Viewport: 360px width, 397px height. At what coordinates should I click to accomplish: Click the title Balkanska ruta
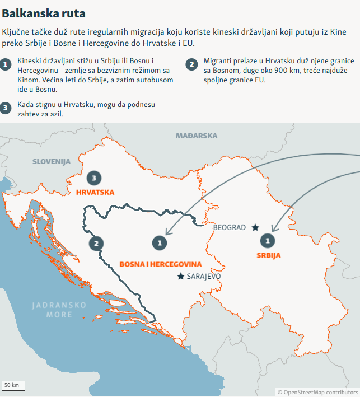tap(44, 12)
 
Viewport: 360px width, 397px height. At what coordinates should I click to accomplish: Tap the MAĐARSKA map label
tap(196, 136)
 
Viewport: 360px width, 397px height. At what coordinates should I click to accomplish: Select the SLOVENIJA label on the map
tap(52, 161)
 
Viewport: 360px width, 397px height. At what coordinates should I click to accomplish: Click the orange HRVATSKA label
tap(95, 192)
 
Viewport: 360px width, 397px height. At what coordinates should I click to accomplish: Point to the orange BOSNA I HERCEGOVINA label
tap(161, 263)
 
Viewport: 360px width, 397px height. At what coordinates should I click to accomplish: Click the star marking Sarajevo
tap(180, 276)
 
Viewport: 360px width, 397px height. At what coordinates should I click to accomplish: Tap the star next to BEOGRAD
tap(255, 227)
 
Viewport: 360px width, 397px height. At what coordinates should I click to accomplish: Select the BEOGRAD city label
tap(230, 227)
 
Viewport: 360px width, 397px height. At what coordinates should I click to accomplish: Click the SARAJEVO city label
tap(204, 277)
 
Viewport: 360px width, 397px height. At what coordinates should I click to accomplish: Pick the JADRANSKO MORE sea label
tap(59, 310)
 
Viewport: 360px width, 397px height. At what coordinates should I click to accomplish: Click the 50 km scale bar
tap(12, 387)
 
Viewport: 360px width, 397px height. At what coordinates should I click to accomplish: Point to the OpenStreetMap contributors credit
tap(317, 393)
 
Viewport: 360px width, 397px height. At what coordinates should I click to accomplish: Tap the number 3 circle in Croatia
tap(95, 178)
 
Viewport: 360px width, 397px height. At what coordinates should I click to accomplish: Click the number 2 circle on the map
tap(96, 243)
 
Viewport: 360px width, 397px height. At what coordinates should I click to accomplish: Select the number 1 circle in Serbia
tap(268, 240)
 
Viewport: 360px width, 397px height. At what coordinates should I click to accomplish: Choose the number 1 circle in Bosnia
tap(160, 242)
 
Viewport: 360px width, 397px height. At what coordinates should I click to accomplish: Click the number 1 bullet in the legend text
tap(6, 64)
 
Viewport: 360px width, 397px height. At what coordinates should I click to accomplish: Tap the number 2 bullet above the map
tap(191, 64)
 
